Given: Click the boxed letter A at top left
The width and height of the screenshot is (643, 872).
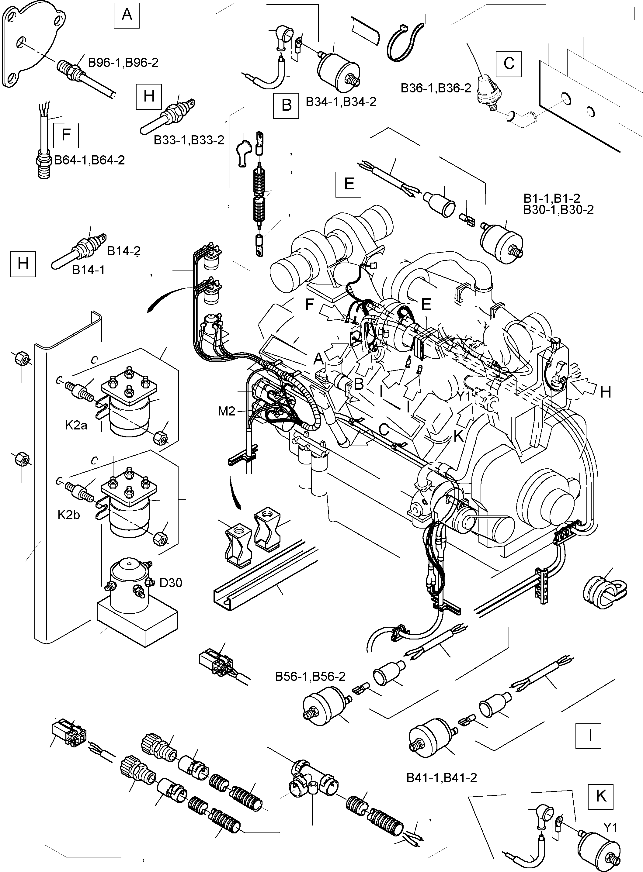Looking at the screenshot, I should (x=127, y=15).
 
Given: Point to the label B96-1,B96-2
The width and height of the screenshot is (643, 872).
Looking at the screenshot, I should (x=123, y=63).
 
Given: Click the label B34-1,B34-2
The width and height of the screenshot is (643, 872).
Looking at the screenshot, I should (x=341, y=102).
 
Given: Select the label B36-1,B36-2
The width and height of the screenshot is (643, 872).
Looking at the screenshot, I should (x=436, y=88).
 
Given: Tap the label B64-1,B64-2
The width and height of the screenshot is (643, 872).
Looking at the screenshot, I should (x=89, y=160).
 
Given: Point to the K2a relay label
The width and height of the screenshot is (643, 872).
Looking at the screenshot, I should (x=76, y=426).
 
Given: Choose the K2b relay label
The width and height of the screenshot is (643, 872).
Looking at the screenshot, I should (x=69, y=515).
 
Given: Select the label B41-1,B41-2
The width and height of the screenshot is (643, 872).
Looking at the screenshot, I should (x=442, y=777).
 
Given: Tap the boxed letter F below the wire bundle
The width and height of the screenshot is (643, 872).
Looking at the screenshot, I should (x=66, y=135).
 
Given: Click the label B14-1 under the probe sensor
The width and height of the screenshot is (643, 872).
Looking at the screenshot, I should (x=89, y=270).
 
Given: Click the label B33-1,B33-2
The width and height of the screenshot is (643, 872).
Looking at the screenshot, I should (x=189, y=140).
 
